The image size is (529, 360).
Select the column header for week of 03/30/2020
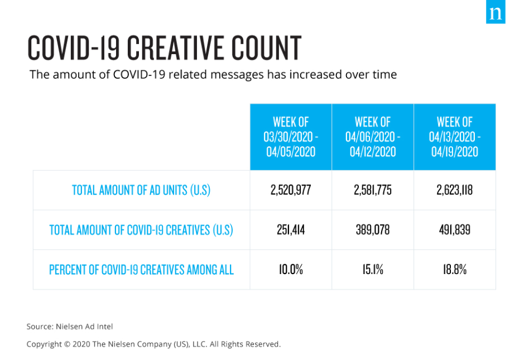point(291,137)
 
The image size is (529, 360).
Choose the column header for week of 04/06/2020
point(373,137)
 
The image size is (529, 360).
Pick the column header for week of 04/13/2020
point(455,137)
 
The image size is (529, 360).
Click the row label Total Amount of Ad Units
point(141,190)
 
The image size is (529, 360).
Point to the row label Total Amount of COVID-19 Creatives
point(141,229)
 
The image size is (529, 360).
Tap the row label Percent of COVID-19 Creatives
point(141,270)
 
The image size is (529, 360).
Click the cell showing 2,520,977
point(291,190)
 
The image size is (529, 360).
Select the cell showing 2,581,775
point(373,190)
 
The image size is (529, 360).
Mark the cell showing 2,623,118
point(455,190)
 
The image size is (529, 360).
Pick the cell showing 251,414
point(291,229)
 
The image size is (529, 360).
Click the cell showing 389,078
point(373,229)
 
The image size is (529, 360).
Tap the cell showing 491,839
point(455,229)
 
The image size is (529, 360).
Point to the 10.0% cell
point(291,270)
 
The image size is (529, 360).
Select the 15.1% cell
point(373,270)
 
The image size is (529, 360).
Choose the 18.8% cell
point(455,270)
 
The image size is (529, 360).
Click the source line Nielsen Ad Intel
point(70,327)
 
